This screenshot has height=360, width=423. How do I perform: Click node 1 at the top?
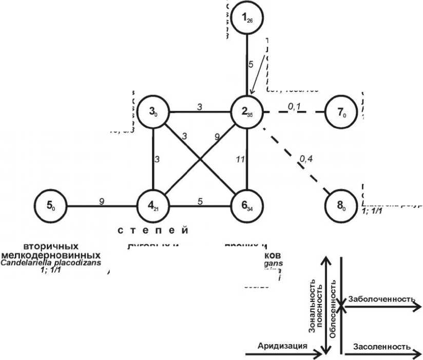coord(247,18)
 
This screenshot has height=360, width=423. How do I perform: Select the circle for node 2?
coord(247,111)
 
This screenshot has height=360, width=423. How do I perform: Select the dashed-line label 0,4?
coord(306,159)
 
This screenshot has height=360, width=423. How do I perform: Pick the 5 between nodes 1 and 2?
coord(251,65)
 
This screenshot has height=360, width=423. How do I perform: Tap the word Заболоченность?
coord(381,298)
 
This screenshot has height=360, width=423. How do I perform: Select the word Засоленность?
coord(381,346)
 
